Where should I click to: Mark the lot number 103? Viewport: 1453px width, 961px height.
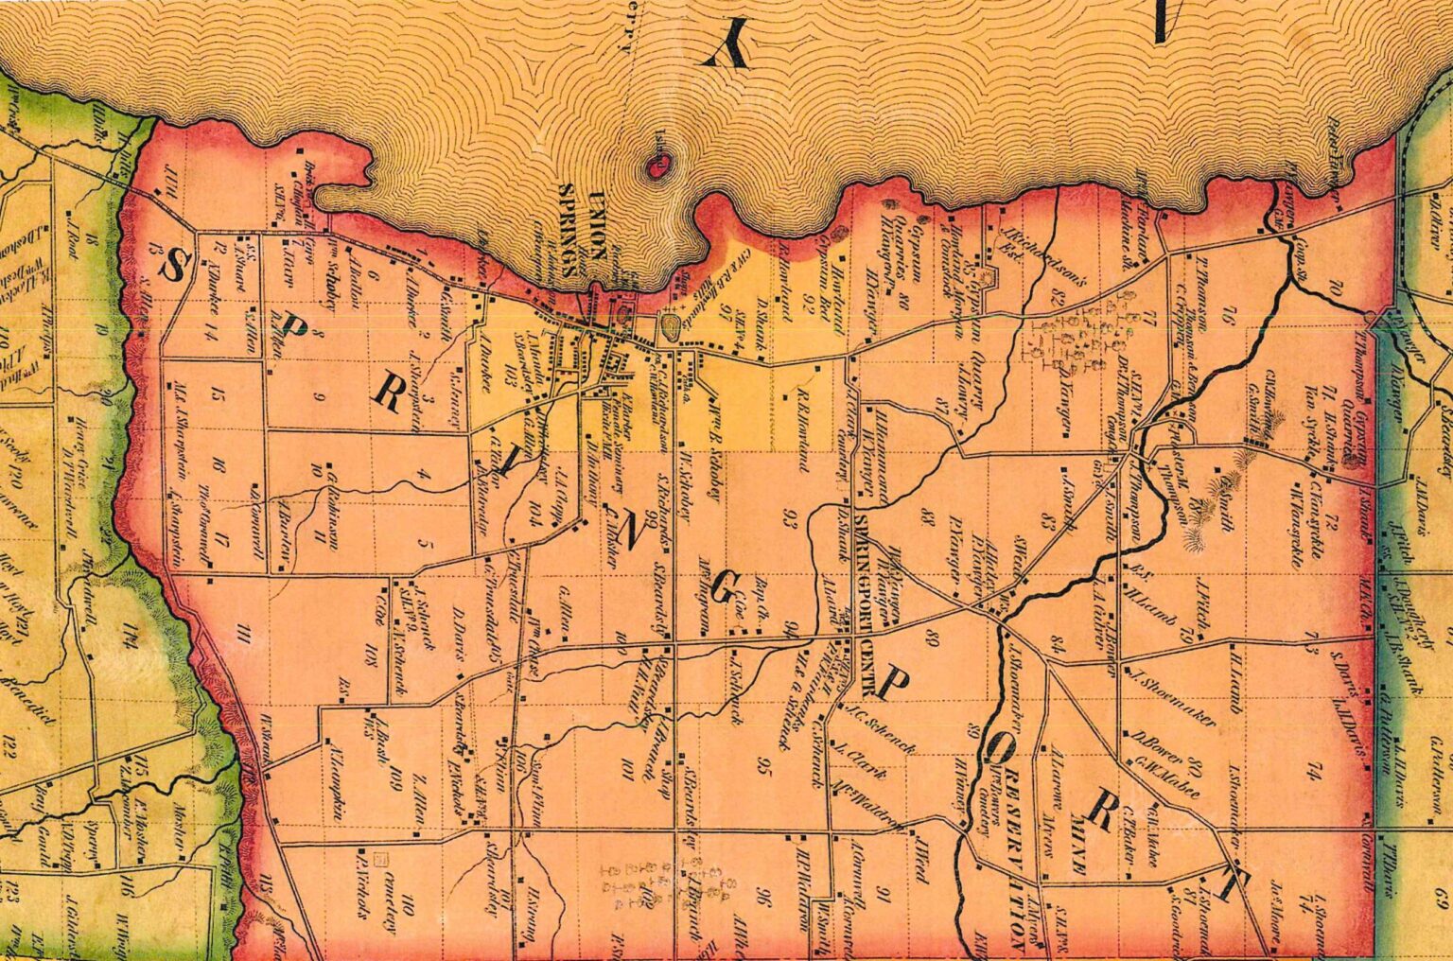click(511, 380)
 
